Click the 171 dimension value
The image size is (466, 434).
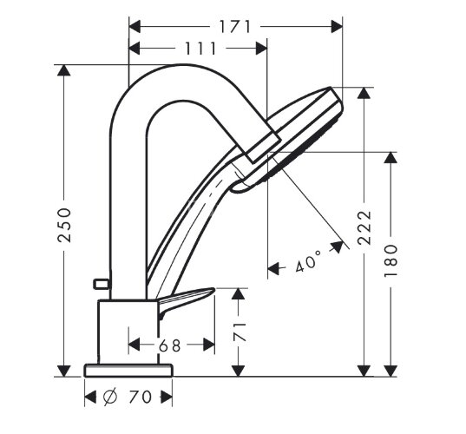(235, 26)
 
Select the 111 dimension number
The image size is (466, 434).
(200, 49)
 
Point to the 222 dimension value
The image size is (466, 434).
(364, 227)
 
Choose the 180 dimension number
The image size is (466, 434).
(391, 261)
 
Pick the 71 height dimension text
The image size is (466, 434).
(240, 332)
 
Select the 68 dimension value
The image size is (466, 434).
(170, 345)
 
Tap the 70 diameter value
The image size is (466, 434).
(140, 397)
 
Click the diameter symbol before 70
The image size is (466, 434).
(110, 397)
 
